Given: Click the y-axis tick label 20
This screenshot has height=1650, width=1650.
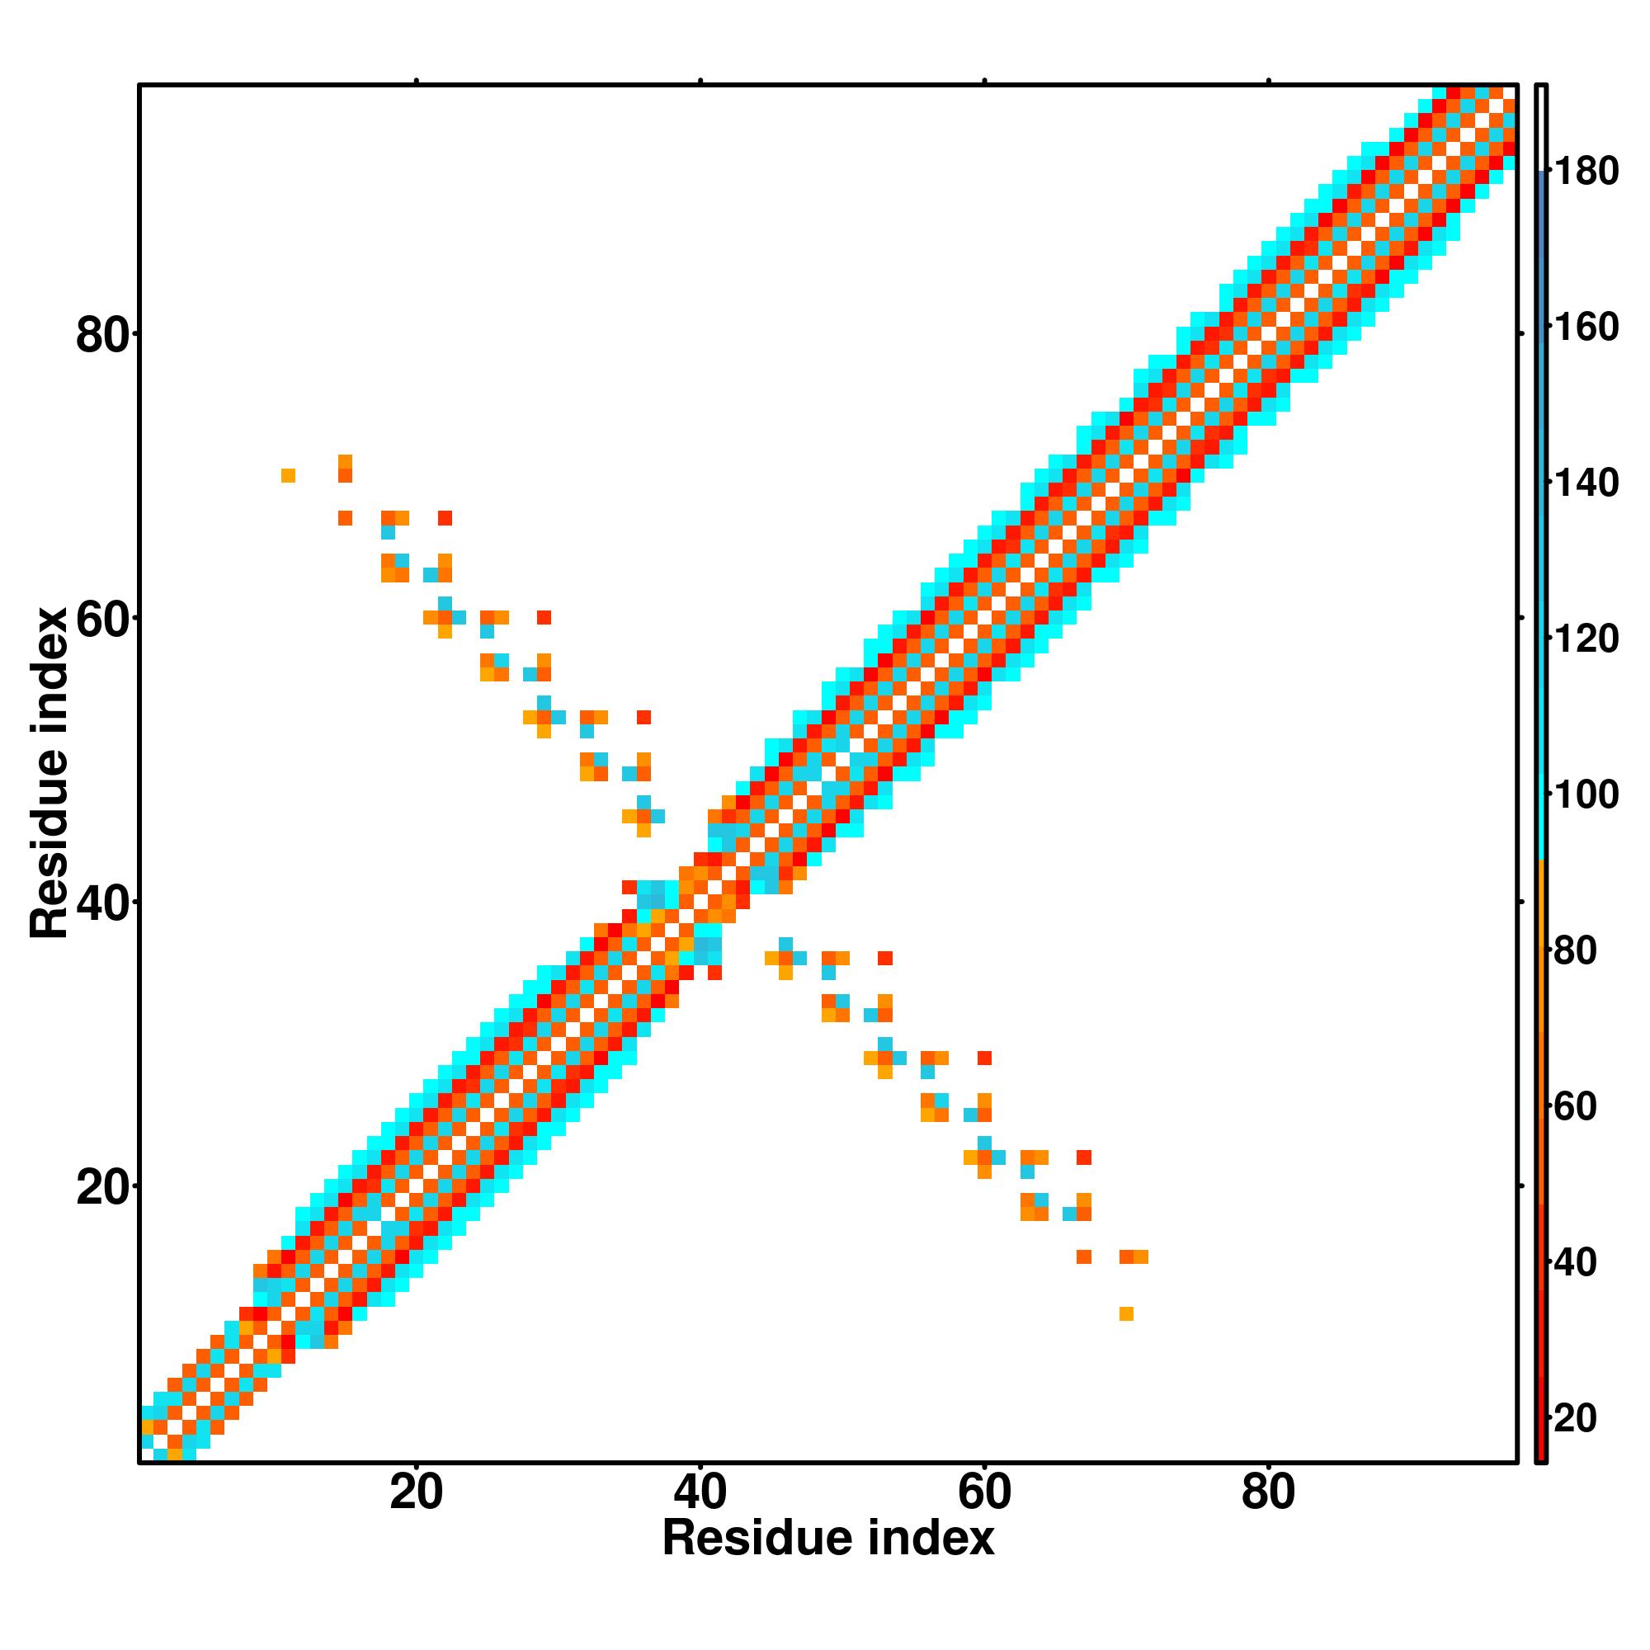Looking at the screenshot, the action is pos(103,1188).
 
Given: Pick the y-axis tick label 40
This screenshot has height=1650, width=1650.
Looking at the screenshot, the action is pos(103,903).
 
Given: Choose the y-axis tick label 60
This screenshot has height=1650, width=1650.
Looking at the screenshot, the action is pos(103,620).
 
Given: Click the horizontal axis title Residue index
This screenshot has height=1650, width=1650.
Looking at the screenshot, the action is pos(828,1539).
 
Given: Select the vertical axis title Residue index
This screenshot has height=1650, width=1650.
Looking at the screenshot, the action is pos(49,773).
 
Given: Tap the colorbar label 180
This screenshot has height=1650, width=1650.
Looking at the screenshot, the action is pos(1585,172).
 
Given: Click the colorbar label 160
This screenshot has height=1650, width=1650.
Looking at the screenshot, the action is pos(1585,328).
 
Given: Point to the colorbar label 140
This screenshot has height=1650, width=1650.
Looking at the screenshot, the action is pos(1585,483).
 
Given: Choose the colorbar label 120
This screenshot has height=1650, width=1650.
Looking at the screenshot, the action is pos(1585,639).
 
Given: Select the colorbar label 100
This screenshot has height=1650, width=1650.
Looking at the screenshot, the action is pos(1585,795).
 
